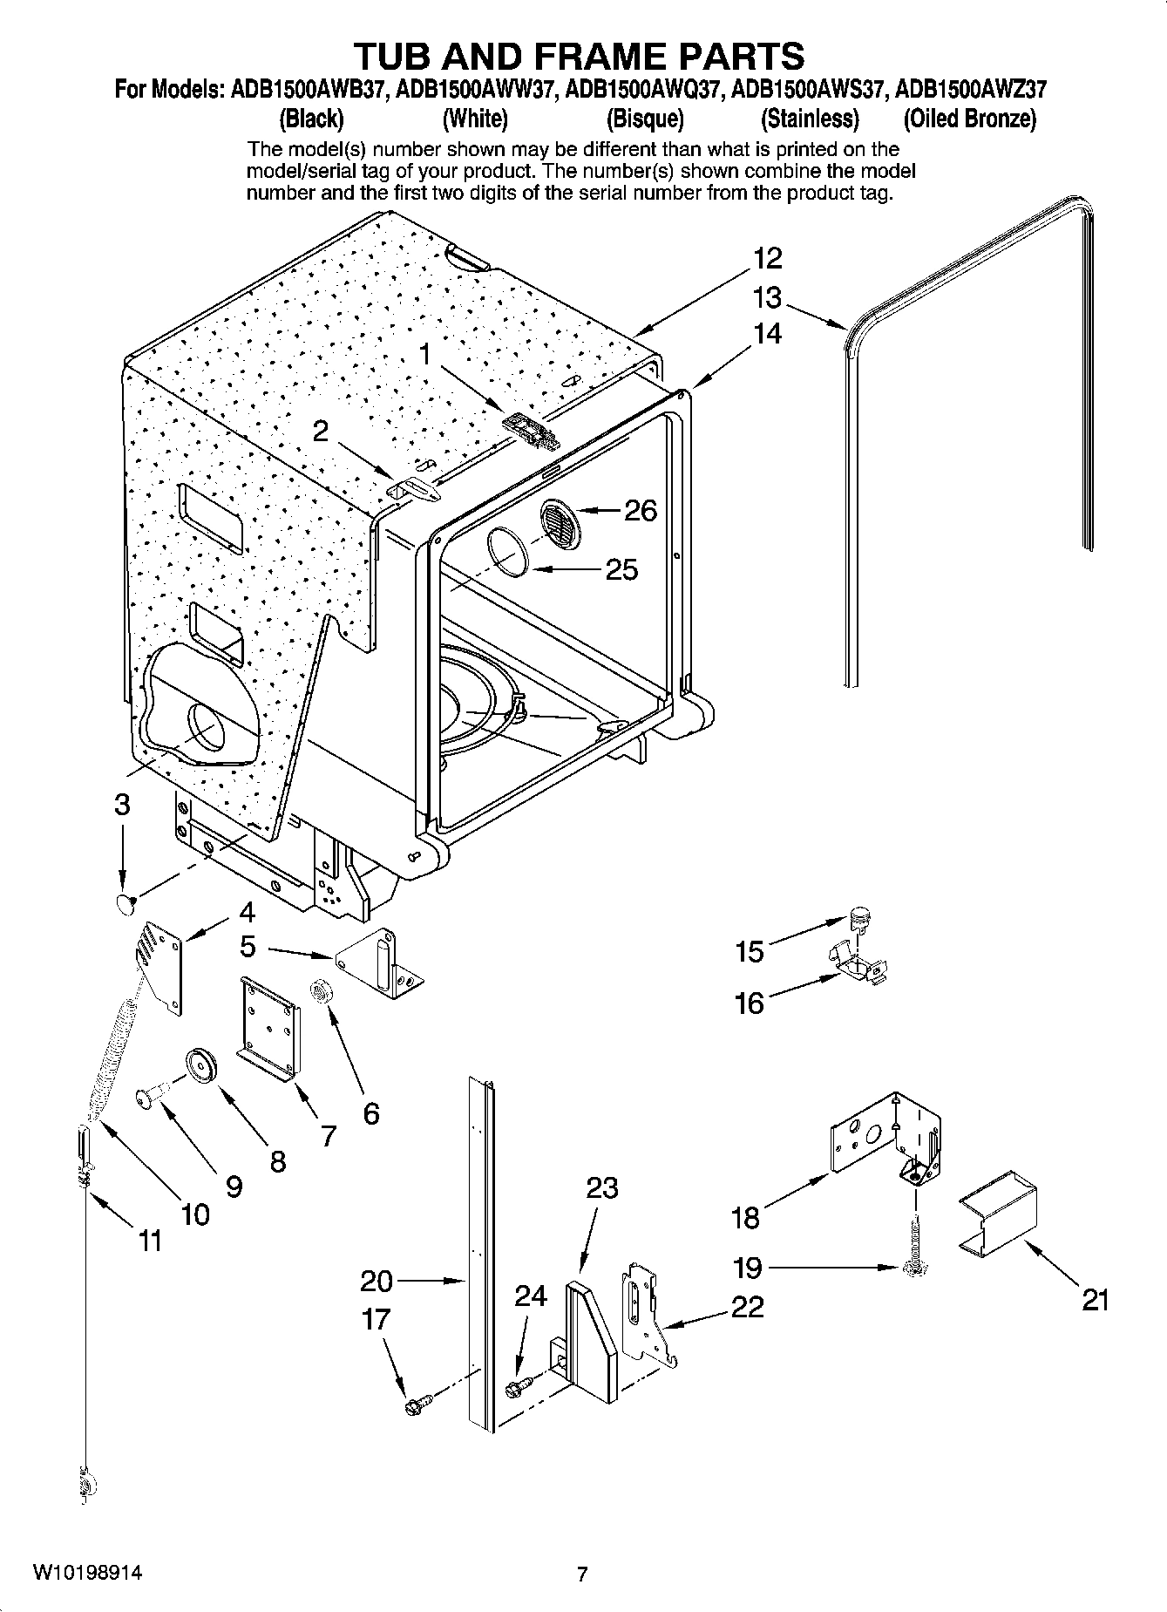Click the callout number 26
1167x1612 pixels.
point(641,510)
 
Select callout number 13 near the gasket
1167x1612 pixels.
point(767,298)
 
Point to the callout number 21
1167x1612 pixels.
point(1096,1300)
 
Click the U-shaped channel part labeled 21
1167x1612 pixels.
point(998,1212)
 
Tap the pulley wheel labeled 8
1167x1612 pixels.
point(201,1066)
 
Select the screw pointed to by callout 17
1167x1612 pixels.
point(414,1405)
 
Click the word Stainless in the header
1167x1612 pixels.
point(810,118)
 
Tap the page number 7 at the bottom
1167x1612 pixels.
point(583,1574)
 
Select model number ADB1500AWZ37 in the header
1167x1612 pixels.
point(971,89)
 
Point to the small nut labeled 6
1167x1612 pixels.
point(320,991)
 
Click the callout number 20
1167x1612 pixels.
point(377,1281)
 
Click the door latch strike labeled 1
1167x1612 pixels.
point(529,431)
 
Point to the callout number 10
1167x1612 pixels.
point(195,1214)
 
